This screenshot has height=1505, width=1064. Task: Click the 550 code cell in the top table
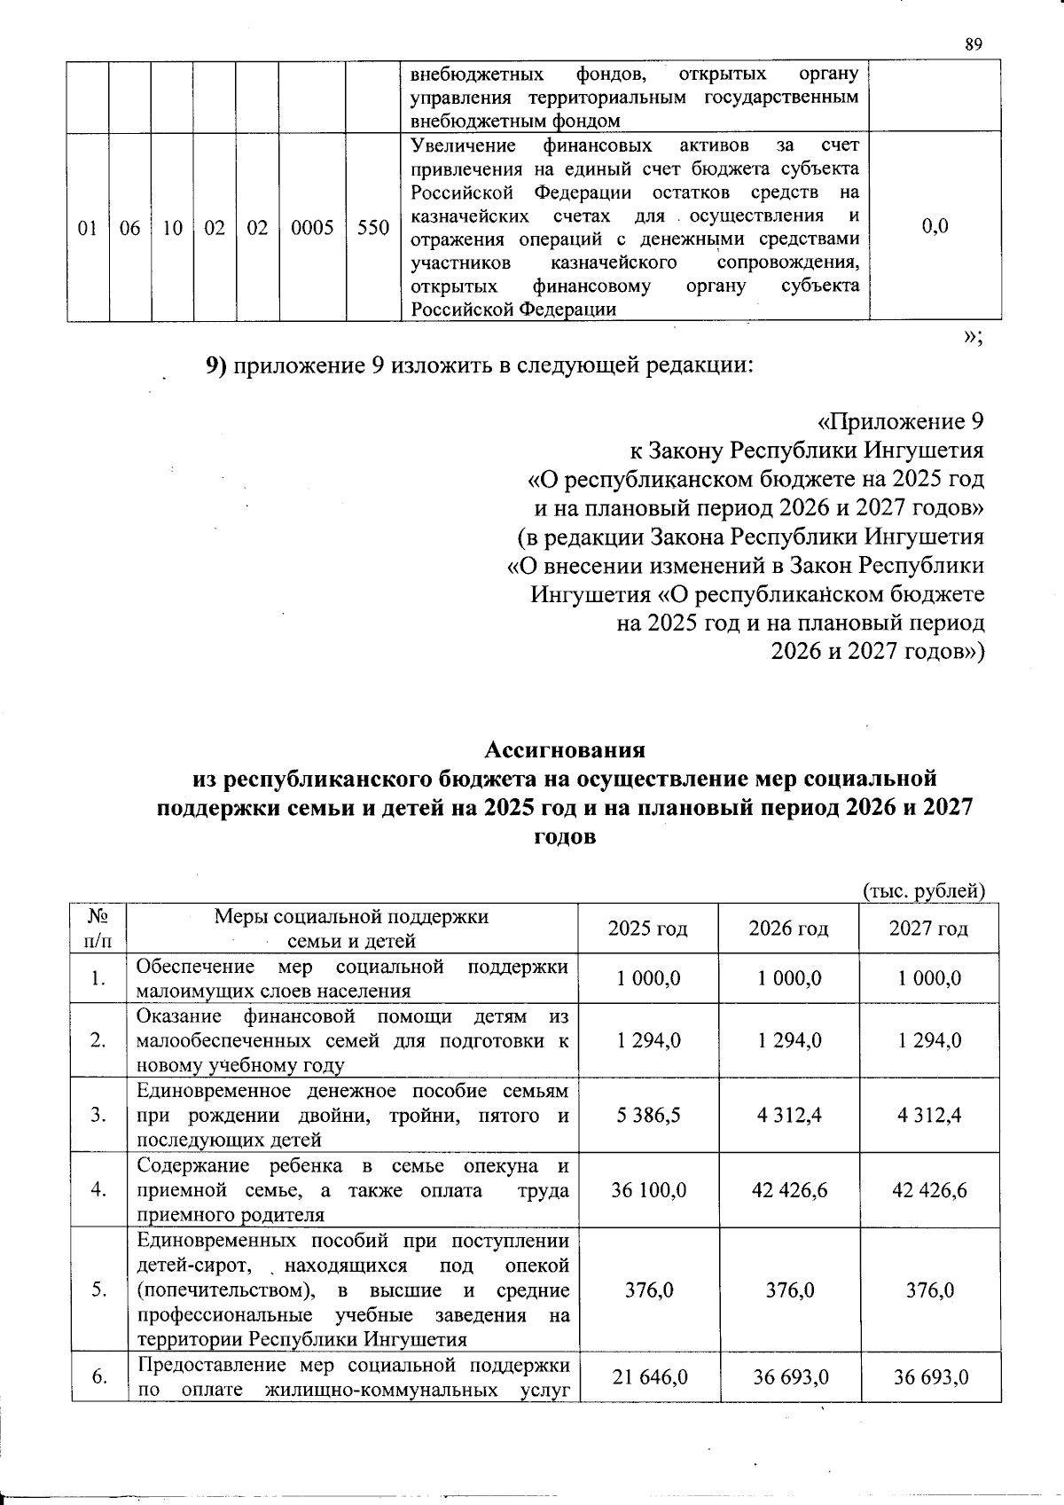point(373,228)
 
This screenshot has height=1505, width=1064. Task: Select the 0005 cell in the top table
point(311,228)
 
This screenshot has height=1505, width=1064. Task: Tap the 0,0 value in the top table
point(935,226)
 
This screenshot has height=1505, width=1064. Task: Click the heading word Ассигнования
point(565,750)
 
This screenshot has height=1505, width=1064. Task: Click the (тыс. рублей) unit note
point(923,891)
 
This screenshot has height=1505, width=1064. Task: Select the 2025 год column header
point(647,929)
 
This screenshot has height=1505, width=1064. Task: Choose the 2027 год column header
point(928,929)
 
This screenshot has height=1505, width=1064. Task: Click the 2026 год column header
point(788,929)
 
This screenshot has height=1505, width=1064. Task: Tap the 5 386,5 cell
point(649,1115)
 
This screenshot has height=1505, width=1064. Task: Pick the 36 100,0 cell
point(649,1189)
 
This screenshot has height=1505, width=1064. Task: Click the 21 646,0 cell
point(649,1376)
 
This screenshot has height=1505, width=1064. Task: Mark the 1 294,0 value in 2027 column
point(929,1040)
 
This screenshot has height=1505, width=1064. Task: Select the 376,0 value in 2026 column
point(789,1289)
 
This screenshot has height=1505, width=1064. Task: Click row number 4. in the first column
point(98,1189)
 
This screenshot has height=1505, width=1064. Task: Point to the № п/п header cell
point(98,929)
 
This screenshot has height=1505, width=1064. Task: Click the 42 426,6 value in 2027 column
point(929,1189)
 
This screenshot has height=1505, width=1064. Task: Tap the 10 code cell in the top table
point(172,228)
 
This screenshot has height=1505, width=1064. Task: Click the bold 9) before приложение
point(218,366)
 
